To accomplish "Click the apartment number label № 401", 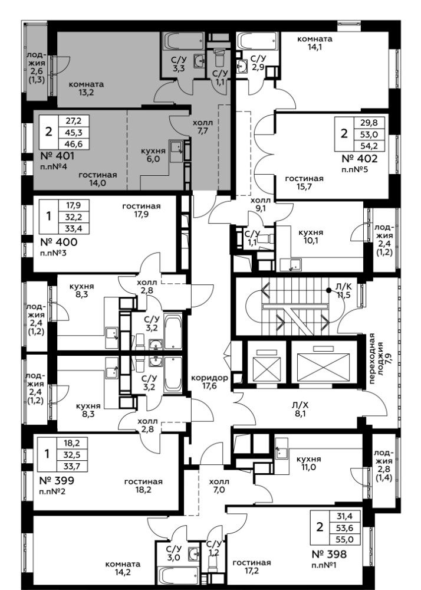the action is point(57,156).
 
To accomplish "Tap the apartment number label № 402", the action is point(359,158).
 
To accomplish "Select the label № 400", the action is point(58,242).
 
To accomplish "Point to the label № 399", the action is point(57,480).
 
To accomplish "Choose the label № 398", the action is point(329,554).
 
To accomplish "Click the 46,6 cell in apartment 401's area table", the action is point(74,144).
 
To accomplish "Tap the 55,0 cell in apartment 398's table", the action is point(344,539).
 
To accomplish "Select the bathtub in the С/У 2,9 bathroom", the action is point(258,41).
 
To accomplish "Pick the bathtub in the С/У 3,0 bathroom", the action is point(178,576).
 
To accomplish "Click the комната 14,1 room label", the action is point(315,43).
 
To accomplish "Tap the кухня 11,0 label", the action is point(308,463).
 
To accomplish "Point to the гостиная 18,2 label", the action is point(144,486).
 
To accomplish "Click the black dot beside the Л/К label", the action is point(329,290).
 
